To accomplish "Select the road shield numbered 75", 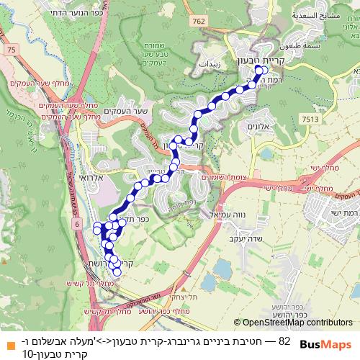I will (11, 49).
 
